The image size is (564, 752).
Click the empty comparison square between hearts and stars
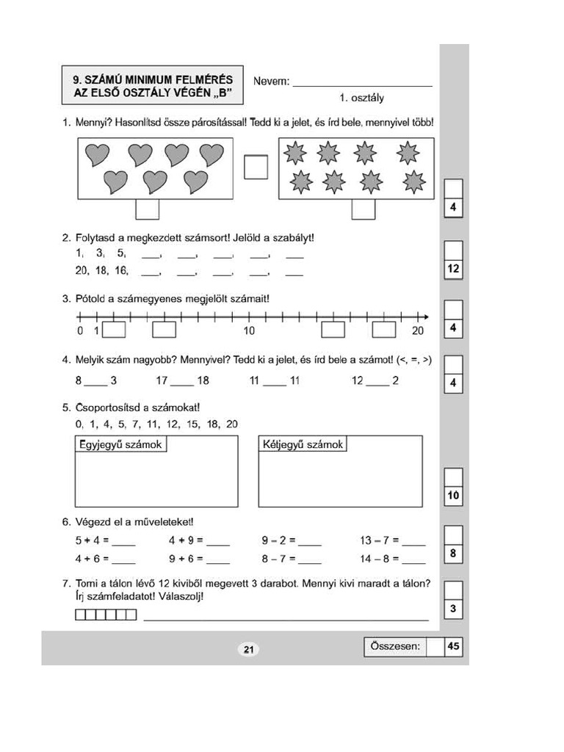pyautogui.click(x=256, y=166)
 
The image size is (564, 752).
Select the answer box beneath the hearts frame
pyautogui.click(x=147, y=209)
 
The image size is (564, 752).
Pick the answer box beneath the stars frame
pyautogui.click(x=363, y=209)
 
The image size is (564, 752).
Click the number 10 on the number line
pyautogui.click(x=249, y=331)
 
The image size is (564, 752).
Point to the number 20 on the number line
pyautogui.click(x=418, y=331)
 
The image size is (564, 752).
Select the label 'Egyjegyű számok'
pyautogui.click(x=120, y=445)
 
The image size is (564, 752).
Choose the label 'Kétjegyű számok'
pyautogui.click(x=303, y=445)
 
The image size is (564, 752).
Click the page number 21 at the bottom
pyautogui.click(x=248, y=649)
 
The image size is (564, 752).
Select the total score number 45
pyautogui.click(x=453, y=646)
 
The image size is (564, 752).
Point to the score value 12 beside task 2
pyautogui.click(x=453, y=270)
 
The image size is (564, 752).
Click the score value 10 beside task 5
pyautogui.click(x=453, y=496)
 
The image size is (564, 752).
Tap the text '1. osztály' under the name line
pyautogui.click(x=361, y=98)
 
